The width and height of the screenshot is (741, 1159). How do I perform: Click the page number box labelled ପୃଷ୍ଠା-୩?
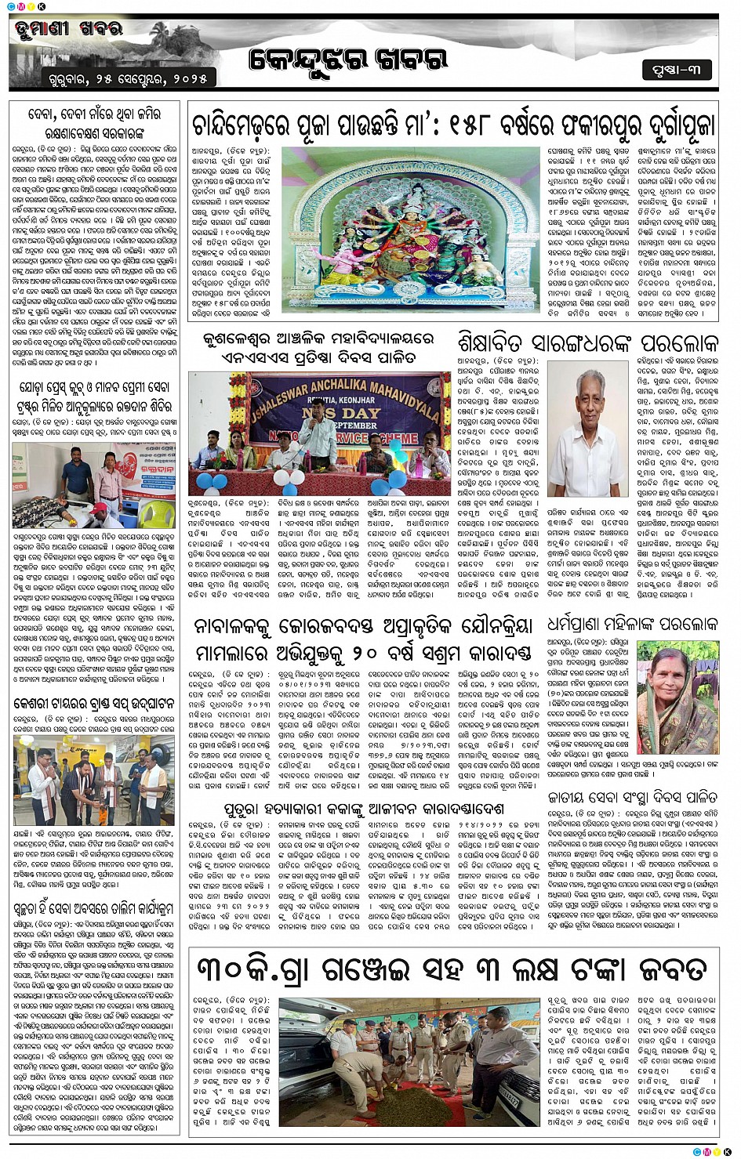click(676, 70)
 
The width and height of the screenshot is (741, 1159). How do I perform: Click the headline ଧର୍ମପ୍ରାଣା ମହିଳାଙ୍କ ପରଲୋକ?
click(632, 625)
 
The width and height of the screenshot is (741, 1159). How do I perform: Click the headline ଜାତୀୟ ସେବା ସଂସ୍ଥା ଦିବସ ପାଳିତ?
click(632, 797)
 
